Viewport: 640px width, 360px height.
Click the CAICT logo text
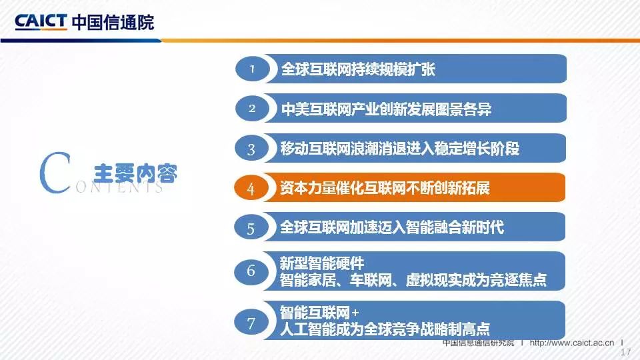(41, 21)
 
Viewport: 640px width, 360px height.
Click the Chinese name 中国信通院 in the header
(113, 22)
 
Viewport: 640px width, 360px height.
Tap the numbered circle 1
(252, 69)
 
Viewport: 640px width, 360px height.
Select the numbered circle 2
(252, 108)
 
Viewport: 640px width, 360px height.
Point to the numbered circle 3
(251, 148)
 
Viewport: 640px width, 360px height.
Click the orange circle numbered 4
(251, 188)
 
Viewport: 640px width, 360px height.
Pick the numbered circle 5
(251, 227)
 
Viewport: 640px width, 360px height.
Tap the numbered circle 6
(251, 271)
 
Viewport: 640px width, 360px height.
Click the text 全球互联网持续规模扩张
(358, 69)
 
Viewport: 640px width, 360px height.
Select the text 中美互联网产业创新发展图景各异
(386, 109)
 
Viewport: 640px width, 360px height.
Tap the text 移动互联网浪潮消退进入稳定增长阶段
(399, 148)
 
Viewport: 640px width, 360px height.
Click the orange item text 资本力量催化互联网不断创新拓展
(385, 188)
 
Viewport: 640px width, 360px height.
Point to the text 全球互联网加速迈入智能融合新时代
(392, 227)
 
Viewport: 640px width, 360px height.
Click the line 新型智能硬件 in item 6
(321, 263)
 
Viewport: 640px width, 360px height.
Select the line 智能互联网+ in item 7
(319, 313)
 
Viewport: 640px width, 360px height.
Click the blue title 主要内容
(135, 174)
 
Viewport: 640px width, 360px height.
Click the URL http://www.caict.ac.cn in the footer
(572, 343)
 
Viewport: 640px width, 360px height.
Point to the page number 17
(626, 352)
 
